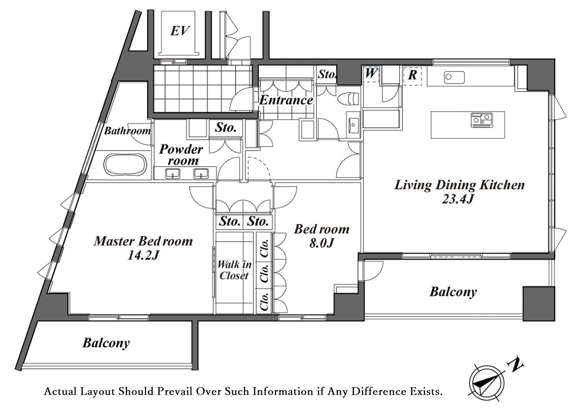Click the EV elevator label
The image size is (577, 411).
[180, 31]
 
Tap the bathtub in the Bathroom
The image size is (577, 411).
[125, 165]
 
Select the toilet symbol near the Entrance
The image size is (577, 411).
[348, 99]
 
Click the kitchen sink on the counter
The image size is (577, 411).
[454, 77]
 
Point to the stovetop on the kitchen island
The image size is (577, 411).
[481, 120]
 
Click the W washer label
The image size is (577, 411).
[371, 73]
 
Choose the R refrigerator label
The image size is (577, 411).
[412, 75]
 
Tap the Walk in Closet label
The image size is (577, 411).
[234, 270]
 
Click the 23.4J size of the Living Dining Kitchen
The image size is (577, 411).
[458, 199]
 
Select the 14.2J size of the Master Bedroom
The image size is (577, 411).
[143, 255]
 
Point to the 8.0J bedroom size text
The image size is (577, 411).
[321, 243]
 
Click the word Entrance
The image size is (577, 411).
[286, 100]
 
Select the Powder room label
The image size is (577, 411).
[181, 155]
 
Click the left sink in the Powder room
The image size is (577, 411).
[173, 173]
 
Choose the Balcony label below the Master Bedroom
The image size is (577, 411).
[106, 343]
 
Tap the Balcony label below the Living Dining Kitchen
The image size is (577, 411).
[453, 292]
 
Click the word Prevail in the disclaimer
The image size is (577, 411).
[175, 392]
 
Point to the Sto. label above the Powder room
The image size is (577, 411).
[226, 127]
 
